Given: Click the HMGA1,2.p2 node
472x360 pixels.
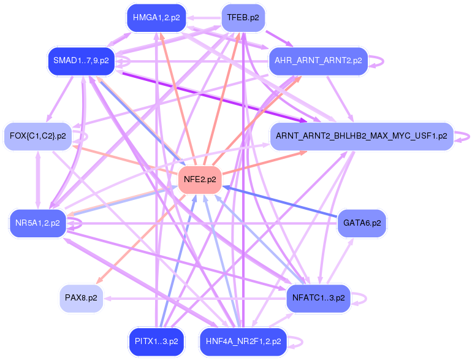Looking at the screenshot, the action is [x=156, y=18].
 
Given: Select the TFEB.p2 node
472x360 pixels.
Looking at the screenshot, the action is [x=243, y=18].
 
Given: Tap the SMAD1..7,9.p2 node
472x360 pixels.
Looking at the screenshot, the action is [x=82, y=61].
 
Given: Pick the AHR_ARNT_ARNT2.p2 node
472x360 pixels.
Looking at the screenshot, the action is [x=318, y=61].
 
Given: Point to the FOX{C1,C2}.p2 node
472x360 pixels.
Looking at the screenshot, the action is [x=38, y=136].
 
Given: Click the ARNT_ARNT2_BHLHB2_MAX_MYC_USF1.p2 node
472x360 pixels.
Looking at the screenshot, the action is [x=362, y=136].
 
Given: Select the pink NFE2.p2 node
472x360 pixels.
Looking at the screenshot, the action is [x=200, y=180].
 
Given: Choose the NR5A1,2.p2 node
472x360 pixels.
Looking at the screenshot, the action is [x=38, y=223].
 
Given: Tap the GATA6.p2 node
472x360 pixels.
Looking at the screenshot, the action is [x=362, y=223].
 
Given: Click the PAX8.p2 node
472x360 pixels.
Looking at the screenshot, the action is [x=82, y=298].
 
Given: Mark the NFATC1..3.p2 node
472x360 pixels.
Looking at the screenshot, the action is [x=319, y=298].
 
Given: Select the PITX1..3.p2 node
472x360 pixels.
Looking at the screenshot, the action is [x=156, y=342].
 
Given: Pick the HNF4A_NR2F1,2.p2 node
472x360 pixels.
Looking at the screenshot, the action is [x=243, y=342].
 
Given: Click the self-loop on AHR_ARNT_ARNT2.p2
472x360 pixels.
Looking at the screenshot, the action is [x=383, y=61].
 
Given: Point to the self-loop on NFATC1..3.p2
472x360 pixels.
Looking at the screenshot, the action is [x=366, y=299].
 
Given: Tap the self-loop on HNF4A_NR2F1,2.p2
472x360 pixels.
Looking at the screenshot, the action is [x=302, y=342].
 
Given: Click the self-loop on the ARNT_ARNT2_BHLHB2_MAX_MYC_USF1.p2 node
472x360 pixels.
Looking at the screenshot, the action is [x=469, y=137].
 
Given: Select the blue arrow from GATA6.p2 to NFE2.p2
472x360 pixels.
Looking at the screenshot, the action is [x=280, y=201].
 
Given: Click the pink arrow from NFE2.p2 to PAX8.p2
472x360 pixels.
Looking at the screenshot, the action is [x=141, y=239].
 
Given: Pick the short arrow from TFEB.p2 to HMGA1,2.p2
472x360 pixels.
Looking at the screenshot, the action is [x=204, y=18].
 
